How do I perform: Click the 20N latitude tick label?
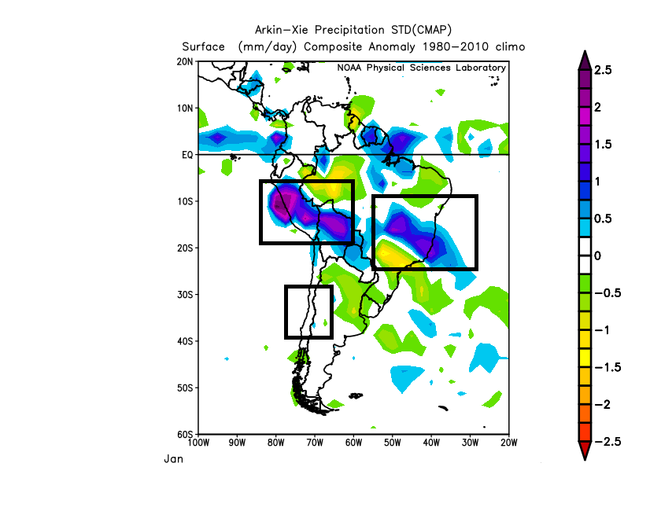tap(186, 61)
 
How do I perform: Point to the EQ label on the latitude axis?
tap(188, 155)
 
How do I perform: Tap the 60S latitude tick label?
tap(186, 435)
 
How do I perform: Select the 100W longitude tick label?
tap(198, 443)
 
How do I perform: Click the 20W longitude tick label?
tap(508, 443)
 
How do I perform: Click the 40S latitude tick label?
tap(186, 341)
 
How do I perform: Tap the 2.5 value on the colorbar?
tap(604, 70)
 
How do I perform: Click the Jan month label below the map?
tap(173, 458)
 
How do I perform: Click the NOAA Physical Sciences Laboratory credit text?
tap(421, 68)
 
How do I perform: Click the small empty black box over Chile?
tap(308, 312)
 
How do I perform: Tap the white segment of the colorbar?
tap(584, 256)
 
